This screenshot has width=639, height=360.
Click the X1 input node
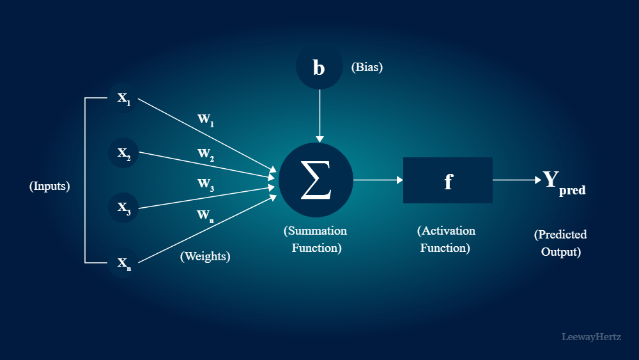click(x=123, y=98)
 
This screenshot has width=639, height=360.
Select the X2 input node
click(x=123, y=153)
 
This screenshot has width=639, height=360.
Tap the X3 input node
click(x=123, y=207)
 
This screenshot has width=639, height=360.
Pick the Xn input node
click(x=123, y=262)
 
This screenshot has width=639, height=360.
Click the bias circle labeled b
click(x=319, y=67)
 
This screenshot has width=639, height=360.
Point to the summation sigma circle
click(x=316, y=180)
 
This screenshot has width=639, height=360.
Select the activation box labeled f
click(x=447, y=180)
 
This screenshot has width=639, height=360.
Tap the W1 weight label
click(x=205, y=120)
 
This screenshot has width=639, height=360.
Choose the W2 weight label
click(x=205, y=154)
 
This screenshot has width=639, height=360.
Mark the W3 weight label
click(x=205, y=184)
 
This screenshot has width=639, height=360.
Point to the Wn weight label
click(x=205, y=215)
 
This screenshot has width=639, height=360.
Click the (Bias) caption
click(x=367, y=67)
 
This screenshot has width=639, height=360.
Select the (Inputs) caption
click(x=49, y=187)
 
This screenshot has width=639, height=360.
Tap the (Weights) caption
click(x=205, y=256)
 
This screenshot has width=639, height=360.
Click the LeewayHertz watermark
click(x=591, y=336)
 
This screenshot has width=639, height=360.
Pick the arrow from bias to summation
click(x=320, y=115)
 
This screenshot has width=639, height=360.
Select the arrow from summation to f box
click(x=378, y=180)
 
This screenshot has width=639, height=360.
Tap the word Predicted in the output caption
click(x=560, y=235)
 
